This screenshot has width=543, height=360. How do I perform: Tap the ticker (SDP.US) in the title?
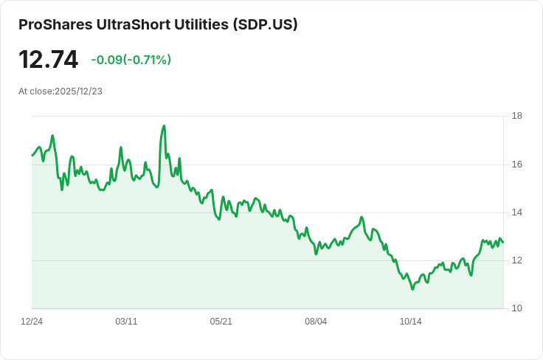click(264, 24)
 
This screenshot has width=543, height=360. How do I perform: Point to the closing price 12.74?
click(48, 59)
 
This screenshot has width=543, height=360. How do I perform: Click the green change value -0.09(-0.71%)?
click(131, 60)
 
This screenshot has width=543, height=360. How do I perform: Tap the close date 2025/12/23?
click(78, 91)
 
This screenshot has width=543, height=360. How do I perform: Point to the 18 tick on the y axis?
click(516, 116)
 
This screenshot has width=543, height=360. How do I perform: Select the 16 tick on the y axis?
click(516, 165)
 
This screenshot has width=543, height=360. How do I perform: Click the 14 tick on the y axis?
click(516, 212)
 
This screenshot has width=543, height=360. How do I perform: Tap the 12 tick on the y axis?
click(516, 260)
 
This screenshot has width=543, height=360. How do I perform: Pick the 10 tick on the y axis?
click(516, 308)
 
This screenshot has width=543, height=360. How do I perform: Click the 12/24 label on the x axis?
click(32, 322)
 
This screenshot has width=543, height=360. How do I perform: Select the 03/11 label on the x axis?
click(127, 322)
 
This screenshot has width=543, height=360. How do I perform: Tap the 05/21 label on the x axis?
click(221, 322)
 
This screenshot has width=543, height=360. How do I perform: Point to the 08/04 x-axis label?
click(316, 322)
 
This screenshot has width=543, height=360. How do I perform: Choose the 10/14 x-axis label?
click(411, 322)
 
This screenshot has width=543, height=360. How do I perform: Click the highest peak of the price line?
click(164, 126)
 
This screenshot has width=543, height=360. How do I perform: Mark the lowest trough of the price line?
click(412, 289)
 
